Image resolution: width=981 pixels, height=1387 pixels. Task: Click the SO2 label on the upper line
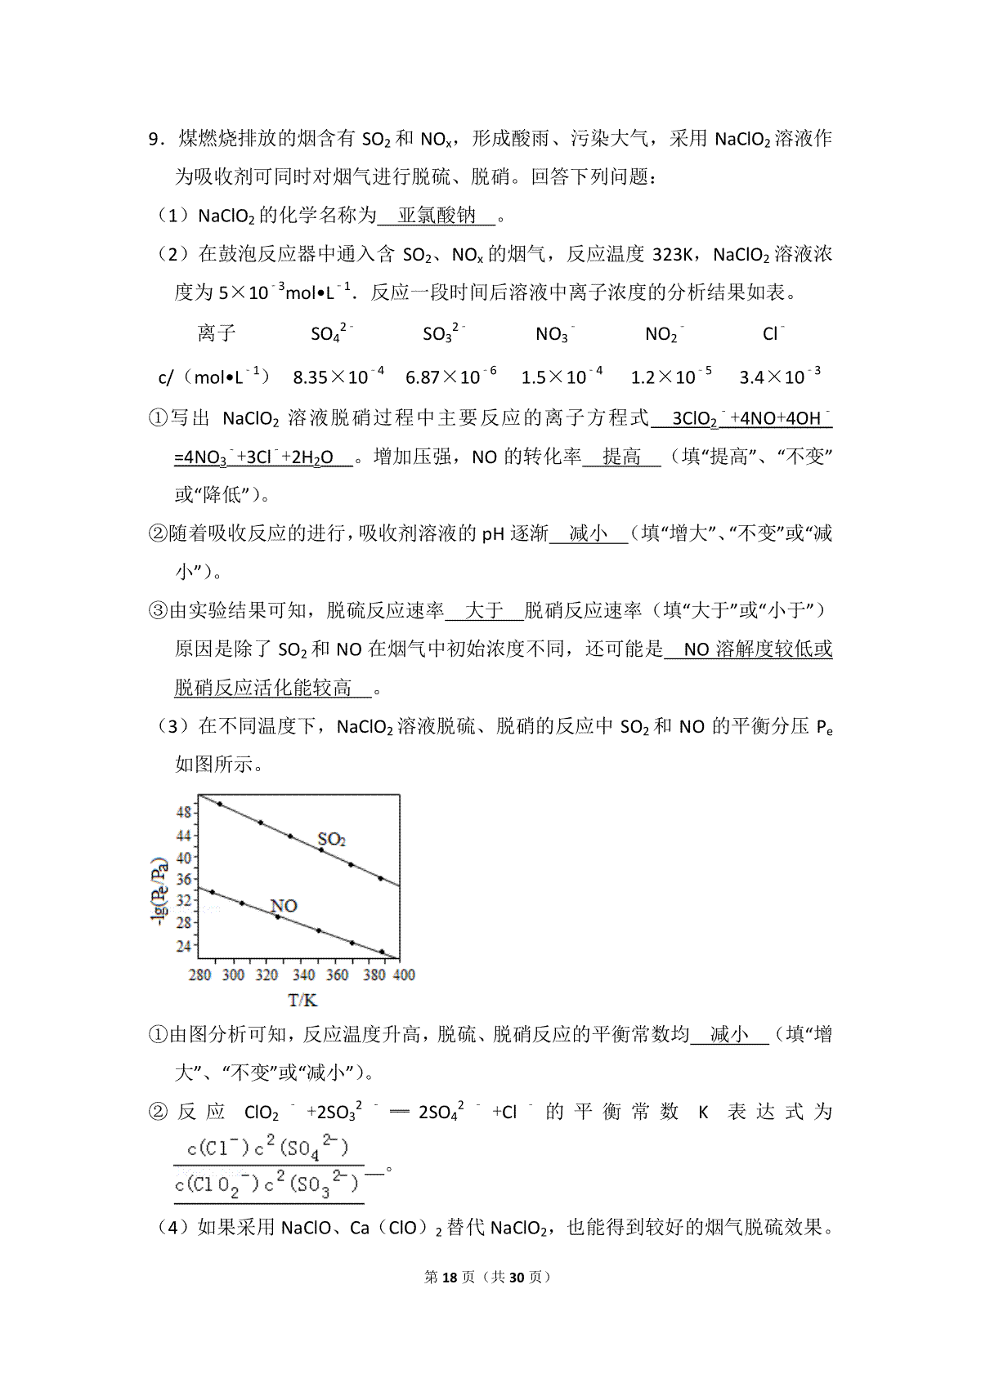331,839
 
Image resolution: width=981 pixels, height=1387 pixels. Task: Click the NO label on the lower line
284,906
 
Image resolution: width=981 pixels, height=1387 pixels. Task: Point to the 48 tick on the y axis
184,812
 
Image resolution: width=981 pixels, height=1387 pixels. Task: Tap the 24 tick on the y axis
184,946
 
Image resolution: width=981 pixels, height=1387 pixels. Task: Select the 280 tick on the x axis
200,974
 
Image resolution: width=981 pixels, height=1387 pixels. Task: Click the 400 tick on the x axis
404,974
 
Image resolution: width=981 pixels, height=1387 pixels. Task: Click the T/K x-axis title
302,1001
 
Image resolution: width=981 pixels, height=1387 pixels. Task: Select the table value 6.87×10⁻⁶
451,376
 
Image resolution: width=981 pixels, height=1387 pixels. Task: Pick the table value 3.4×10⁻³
780,376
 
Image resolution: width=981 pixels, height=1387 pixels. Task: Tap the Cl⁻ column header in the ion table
773,333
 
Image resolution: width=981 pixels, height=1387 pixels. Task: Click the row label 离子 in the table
217,333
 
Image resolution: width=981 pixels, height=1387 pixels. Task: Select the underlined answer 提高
621,457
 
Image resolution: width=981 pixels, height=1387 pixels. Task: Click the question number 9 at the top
153,139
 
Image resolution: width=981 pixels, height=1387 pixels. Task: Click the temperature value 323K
674,255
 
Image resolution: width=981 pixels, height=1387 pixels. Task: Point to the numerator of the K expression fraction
268,1148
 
